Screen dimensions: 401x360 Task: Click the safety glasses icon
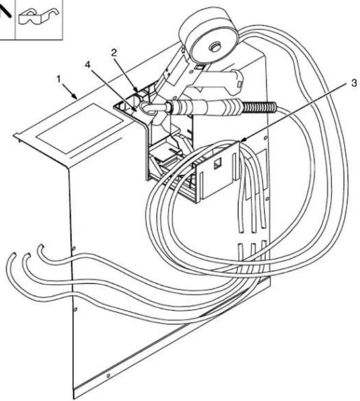[39, 18]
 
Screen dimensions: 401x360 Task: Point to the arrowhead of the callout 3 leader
[242, 141]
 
